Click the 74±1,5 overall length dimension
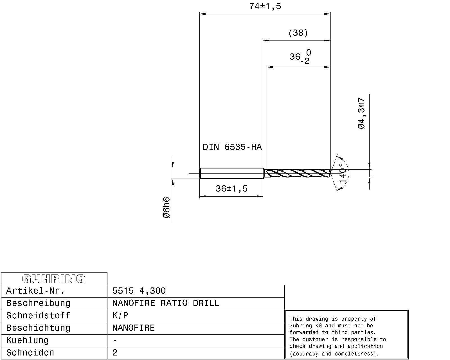coord(265,6)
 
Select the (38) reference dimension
coord(298,33)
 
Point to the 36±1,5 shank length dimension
coord(231,188)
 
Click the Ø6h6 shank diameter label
coord(166,208)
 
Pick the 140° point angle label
coord(342,173)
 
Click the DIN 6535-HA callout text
coord(232,147)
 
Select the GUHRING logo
coord(54,279)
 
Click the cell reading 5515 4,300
coord(139,291)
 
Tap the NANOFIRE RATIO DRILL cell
coord(165,303)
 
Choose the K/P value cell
coord(120,316)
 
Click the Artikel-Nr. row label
coord(35,291)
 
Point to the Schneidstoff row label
coord(38,316)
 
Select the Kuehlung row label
coord(27,340)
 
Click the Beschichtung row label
coord(38,328)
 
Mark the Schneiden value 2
coord(115,353)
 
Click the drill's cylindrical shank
coord(231,173)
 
